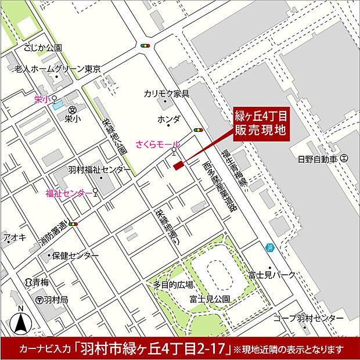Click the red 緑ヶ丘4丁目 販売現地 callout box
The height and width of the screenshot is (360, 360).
pos(261,123)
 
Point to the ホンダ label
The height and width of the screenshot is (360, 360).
pos(169,119)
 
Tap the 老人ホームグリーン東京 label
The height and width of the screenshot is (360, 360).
pos(58,69)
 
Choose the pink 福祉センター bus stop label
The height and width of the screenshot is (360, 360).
pos(69,193)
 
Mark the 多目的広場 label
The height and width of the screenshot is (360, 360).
pos(173,285)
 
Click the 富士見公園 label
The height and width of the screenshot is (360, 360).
pos(209,299)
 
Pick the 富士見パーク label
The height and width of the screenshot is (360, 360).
pos(272,274)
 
